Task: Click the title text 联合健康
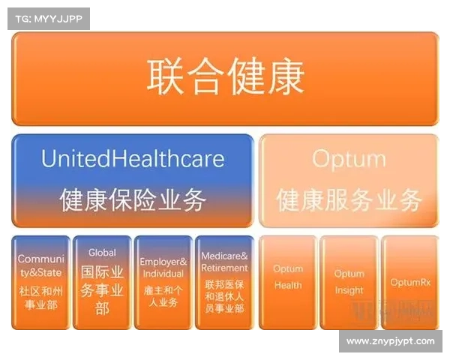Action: [x=225, y=76]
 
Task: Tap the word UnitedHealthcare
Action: [x=133, y=158]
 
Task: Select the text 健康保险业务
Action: [x=133, y=199]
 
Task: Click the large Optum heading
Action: [x=349, y=158]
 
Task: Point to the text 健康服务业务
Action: [x=349, y=199]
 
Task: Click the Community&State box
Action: [x=40, y=282]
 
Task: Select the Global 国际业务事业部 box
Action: [x=102, y=282]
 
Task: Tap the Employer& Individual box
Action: [x=163, y=282]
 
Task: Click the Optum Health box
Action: [x=288, y=282]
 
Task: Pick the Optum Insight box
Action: [x=349, y=282]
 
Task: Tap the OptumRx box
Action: [x=409, y=282]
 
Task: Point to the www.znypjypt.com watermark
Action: [x=390, y=341]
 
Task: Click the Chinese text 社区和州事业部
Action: [x=40, y=297]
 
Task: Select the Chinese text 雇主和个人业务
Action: [x=163, y=296]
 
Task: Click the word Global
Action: [x=102, y=253]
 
